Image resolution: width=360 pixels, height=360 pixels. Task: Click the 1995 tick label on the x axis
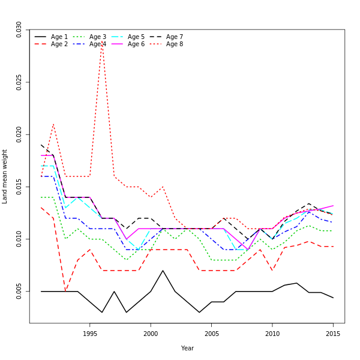(90, 333)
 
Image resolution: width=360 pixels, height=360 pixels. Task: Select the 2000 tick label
(151, 333)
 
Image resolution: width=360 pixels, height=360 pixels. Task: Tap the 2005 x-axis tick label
(211, 333)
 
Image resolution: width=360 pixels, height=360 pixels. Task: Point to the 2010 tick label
(272, 333)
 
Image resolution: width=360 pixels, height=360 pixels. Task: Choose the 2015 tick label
(333, 333)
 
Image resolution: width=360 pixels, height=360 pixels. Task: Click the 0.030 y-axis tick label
(19, 29)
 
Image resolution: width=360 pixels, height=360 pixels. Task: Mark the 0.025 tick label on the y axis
(19, 82)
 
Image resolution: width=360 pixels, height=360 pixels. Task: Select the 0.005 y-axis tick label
(19, 291)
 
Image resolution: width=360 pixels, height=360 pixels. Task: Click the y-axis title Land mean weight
(5, 176)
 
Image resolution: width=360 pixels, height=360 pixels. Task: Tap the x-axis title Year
(187, 348)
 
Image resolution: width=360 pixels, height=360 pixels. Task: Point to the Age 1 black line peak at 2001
(163, 271)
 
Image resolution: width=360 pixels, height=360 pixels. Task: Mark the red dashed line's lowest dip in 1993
(65, 292)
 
